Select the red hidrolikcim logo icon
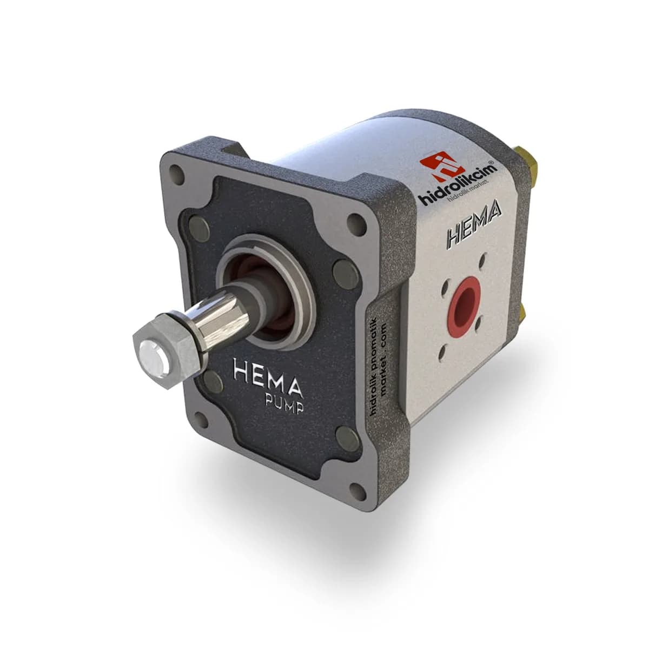pyautogui.click(x=442, y=167)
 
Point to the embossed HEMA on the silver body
pyautogui.click(x=474, y=226)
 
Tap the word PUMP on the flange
pyautogui.click(x=284, y=403)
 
